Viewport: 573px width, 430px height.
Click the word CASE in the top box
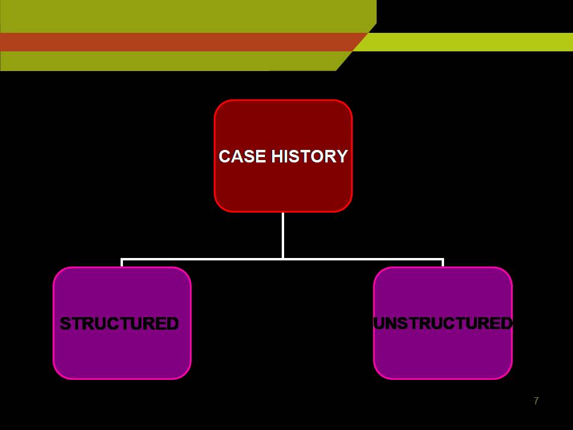242,156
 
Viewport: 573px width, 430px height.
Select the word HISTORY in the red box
309,156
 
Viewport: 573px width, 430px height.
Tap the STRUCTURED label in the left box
119,324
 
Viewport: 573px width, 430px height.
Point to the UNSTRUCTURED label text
443,323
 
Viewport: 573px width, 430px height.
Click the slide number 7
536,401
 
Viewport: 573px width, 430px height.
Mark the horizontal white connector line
203,259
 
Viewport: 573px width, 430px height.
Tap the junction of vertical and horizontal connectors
283,259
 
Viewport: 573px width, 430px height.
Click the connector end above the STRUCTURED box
122,263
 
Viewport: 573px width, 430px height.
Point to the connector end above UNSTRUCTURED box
443,263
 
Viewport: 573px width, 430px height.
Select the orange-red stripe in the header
179,42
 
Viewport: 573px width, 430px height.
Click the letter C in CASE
224,156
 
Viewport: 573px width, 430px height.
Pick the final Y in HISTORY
342,156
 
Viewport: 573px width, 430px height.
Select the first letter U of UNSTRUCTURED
378,323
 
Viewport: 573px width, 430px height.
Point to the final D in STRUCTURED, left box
172,324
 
